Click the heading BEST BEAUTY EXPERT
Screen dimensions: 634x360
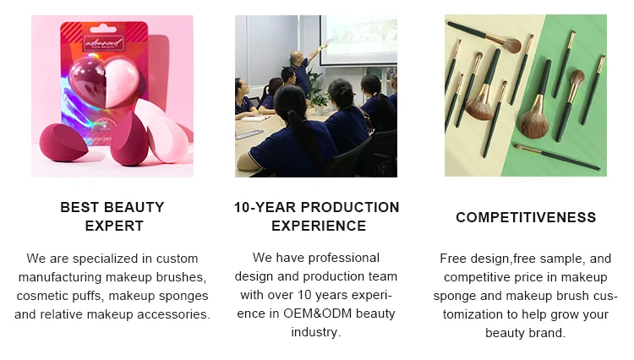point(112,216)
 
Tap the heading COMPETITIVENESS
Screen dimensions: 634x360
point(526,217)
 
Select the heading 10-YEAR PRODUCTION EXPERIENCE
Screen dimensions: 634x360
point(317,216)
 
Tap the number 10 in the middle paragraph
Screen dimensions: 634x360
point(305,295)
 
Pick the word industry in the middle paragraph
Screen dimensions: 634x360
point(316,332)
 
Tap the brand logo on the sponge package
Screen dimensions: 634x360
point(104,42)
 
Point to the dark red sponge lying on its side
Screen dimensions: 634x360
point(63,143)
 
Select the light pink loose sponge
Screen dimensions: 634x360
point(167,136)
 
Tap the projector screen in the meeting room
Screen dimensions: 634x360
point(358,40)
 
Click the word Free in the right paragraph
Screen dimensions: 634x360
point(453,259)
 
